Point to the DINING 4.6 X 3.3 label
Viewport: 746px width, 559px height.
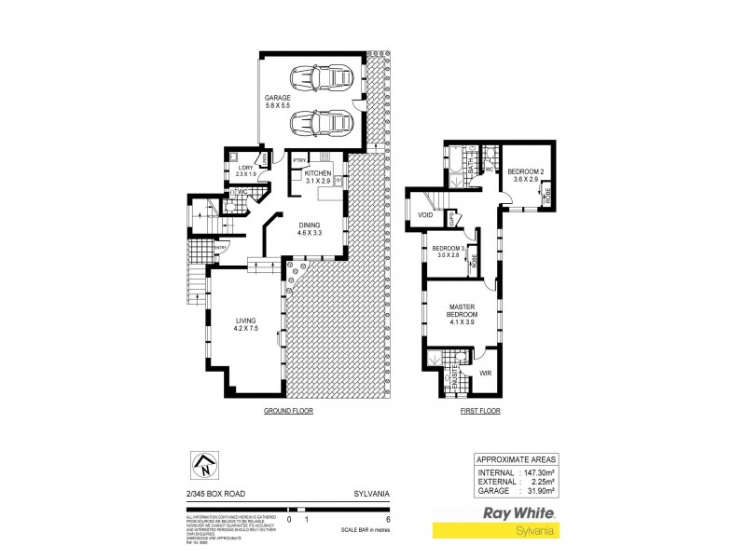(310, 229)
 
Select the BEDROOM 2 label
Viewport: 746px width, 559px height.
(523, 176)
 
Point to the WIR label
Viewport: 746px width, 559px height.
(485, 374)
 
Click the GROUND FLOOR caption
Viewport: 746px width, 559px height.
(287, 410)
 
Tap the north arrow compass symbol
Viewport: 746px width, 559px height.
(204, 462)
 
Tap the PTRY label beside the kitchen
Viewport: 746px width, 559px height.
(299, 160)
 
